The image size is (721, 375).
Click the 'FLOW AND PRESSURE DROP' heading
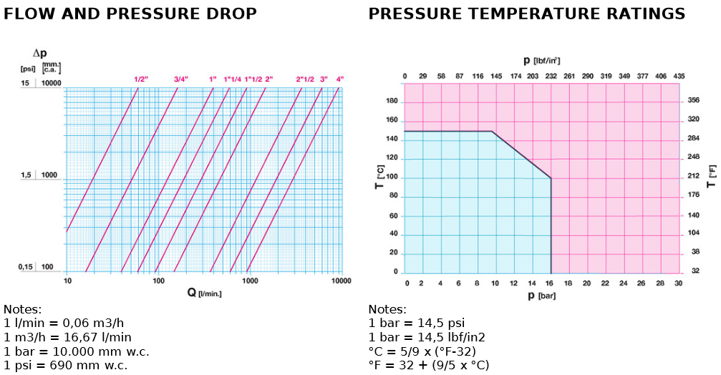[130, 14]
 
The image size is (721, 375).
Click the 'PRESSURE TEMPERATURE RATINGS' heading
[526, 14]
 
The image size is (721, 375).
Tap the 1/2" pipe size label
[140, 79]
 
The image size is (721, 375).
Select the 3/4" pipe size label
[180, 79]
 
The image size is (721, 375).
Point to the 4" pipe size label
[340, 79]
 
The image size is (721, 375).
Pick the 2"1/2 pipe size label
[304, 79]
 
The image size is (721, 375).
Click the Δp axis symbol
[40, 54]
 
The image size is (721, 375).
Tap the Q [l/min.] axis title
[203, 293]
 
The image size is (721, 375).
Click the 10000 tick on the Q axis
[340, 281]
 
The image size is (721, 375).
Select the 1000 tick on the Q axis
[250, 281]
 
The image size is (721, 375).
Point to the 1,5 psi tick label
[26, 175]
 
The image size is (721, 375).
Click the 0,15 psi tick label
[26, 267]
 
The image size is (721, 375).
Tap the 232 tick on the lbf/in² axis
[551, 76]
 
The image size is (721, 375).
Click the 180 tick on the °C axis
[391, 102]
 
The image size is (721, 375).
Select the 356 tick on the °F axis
[693, 102]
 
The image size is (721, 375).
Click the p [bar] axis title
[542, 296]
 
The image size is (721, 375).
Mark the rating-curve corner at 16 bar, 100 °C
[551, 178]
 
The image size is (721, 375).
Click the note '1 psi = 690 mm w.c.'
[70, 365]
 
